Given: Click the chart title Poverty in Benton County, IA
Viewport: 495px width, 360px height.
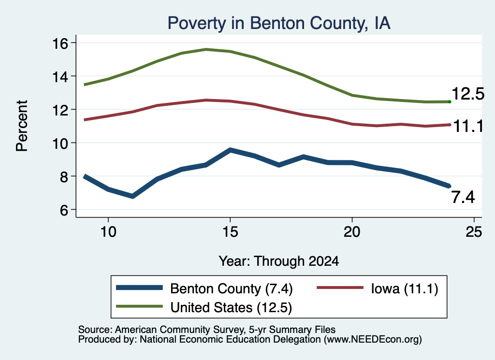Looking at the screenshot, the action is coord(279,23).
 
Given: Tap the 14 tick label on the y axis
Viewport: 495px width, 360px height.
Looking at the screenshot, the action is coord(59,77).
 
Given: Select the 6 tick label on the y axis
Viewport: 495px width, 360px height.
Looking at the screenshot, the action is coord(64,210).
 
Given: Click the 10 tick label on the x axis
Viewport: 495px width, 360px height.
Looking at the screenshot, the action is coord(108,232).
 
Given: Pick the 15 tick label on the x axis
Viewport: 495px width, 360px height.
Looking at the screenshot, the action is coord(230,232).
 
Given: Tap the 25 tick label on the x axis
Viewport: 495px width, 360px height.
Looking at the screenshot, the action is coord(474,232).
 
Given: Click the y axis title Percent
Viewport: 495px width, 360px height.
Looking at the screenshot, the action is coord(22,126).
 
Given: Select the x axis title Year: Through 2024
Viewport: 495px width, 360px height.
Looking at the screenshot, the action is coord(279,261).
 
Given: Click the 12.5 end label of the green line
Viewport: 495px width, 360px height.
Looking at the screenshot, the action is coord(468,94).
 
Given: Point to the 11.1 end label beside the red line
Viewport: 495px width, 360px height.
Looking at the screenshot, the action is coord(468,127).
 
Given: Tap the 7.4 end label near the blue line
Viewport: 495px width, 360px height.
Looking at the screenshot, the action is coord(463,197).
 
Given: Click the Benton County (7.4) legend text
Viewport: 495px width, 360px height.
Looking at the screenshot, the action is coord(232,288).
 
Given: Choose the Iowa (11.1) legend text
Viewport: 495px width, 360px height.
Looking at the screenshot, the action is coord(405,288).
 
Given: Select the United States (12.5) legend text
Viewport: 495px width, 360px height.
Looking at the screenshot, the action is coord(231,307).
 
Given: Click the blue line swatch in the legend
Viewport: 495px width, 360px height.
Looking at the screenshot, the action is coord(139,288).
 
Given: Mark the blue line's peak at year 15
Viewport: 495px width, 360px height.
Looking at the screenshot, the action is coord(230,150).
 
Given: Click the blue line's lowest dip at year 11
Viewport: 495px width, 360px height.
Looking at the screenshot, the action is coord(132,196).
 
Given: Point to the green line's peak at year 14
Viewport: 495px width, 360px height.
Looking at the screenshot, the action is coord(206,50).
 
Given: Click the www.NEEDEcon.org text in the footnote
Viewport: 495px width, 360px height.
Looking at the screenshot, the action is coord(373,340).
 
